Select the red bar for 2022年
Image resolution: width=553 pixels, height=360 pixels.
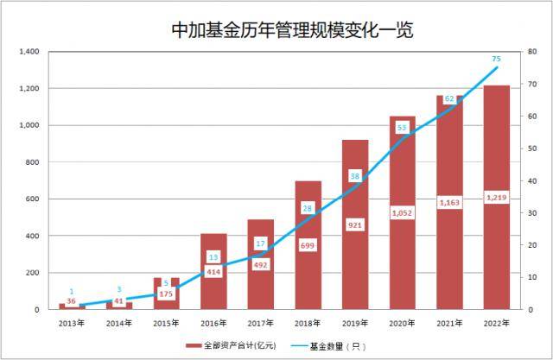point(496,250)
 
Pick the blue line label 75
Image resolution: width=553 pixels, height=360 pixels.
point(496,59)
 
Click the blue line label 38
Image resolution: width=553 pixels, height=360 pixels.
point(354,176)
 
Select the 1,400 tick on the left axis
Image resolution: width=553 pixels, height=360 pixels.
point(30,53)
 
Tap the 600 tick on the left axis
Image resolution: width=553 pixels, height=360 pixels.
point(33,199)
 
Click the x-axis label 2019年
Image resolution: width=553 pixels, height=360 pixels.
point(354,323)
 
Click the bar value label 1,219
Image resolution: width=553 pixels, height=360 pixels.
point(496,198)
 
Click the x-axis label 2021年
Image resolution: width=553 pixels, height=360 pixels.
point(448,323)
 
